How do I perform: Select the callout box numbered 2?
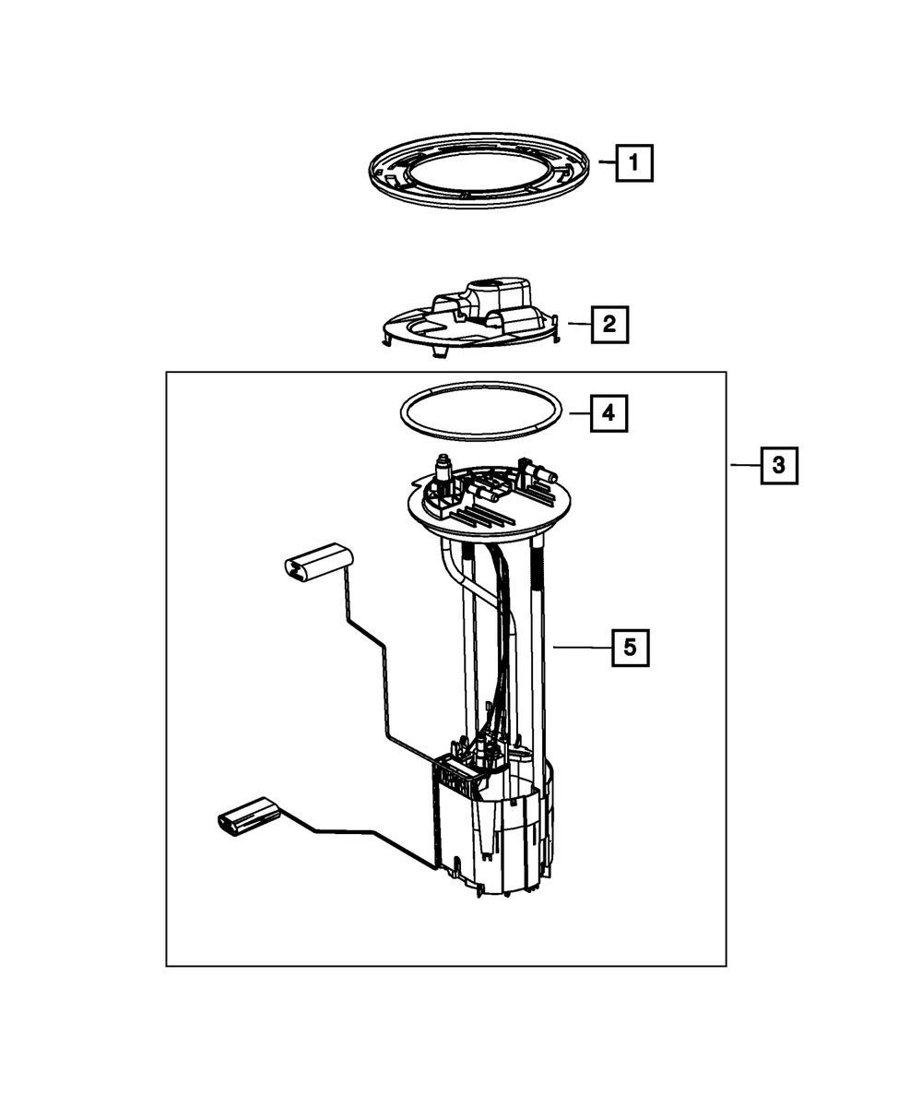coord(609,325)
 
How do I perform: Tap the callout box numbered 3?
coord(778,466)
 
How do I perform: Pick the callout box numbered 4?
coord(608,414)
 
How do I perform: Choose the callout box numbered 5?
coord(630,648)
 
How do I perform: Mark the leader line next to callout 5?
coord(581,648)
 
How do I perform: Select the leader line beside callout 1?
coord(605,163)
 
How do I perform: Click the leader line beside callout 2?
coord(577,324)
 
